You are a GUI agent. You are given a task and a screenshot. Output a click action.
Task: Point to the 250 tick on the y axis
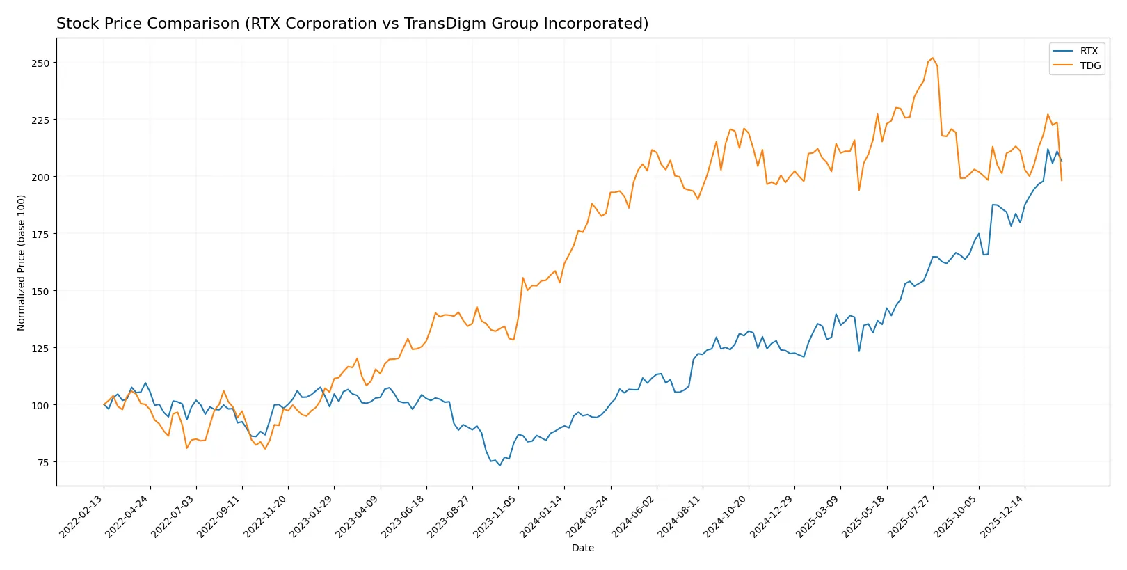(40, 63)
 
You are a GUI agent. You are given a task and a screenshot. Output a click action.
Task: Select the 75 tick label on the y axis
(43, 462)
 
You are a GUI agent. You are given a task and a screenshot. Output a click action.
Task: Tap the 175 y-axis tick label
(40, 234)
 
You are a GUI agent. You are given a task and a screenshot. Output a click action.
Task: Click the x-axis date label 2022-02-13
(82, 516)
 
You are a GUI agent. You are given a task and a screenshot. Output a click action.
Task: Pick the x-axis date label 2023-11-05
(496, 516)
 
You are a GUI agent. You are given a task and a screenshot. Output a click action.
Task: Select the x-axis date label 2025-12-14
(1002, 516)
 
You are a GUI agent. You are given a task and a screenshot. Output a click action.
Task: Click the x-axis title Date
(582, 548)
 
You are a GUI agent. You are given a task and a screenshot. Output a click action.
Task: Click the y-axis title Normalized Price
(22, 262)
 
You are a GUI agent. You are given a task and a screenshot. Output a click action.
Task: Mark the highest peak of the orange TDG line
(932, 58)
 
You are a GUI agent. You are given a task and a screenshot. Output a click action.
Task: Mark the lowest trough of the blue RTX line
(499, 466)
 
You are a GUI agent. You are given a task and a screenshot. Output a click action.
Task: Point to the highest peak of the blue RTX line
(1048, 148)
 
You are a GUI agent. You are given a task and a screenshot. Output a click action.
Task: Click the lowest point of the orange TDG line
(264, 449)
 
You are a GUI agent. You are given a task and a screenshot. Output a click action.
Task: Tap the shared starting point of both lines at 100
(104, 404)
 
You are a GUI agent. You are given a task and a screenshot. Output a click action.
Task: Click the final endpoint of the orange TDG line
(1062, 181)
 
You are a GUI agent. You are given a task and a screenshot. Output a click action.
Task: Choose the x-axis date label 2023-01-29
(312, 516)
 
